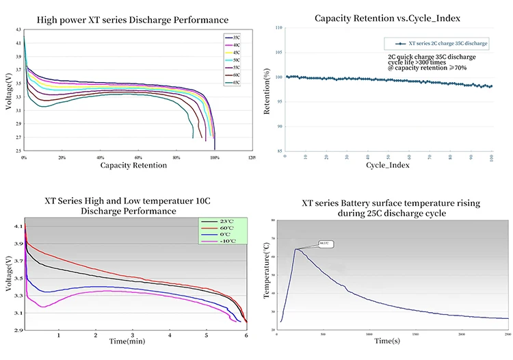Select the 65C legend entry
[236, 83]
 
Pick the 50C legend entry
[236, 60]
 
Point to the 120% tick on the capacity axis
[252, 157]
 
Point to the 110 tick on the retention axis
[278, 28]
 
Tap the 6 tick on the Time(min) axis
[246, 336]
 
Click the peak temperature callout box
[325, 243]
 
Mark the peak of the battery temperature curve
[295, 249]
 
